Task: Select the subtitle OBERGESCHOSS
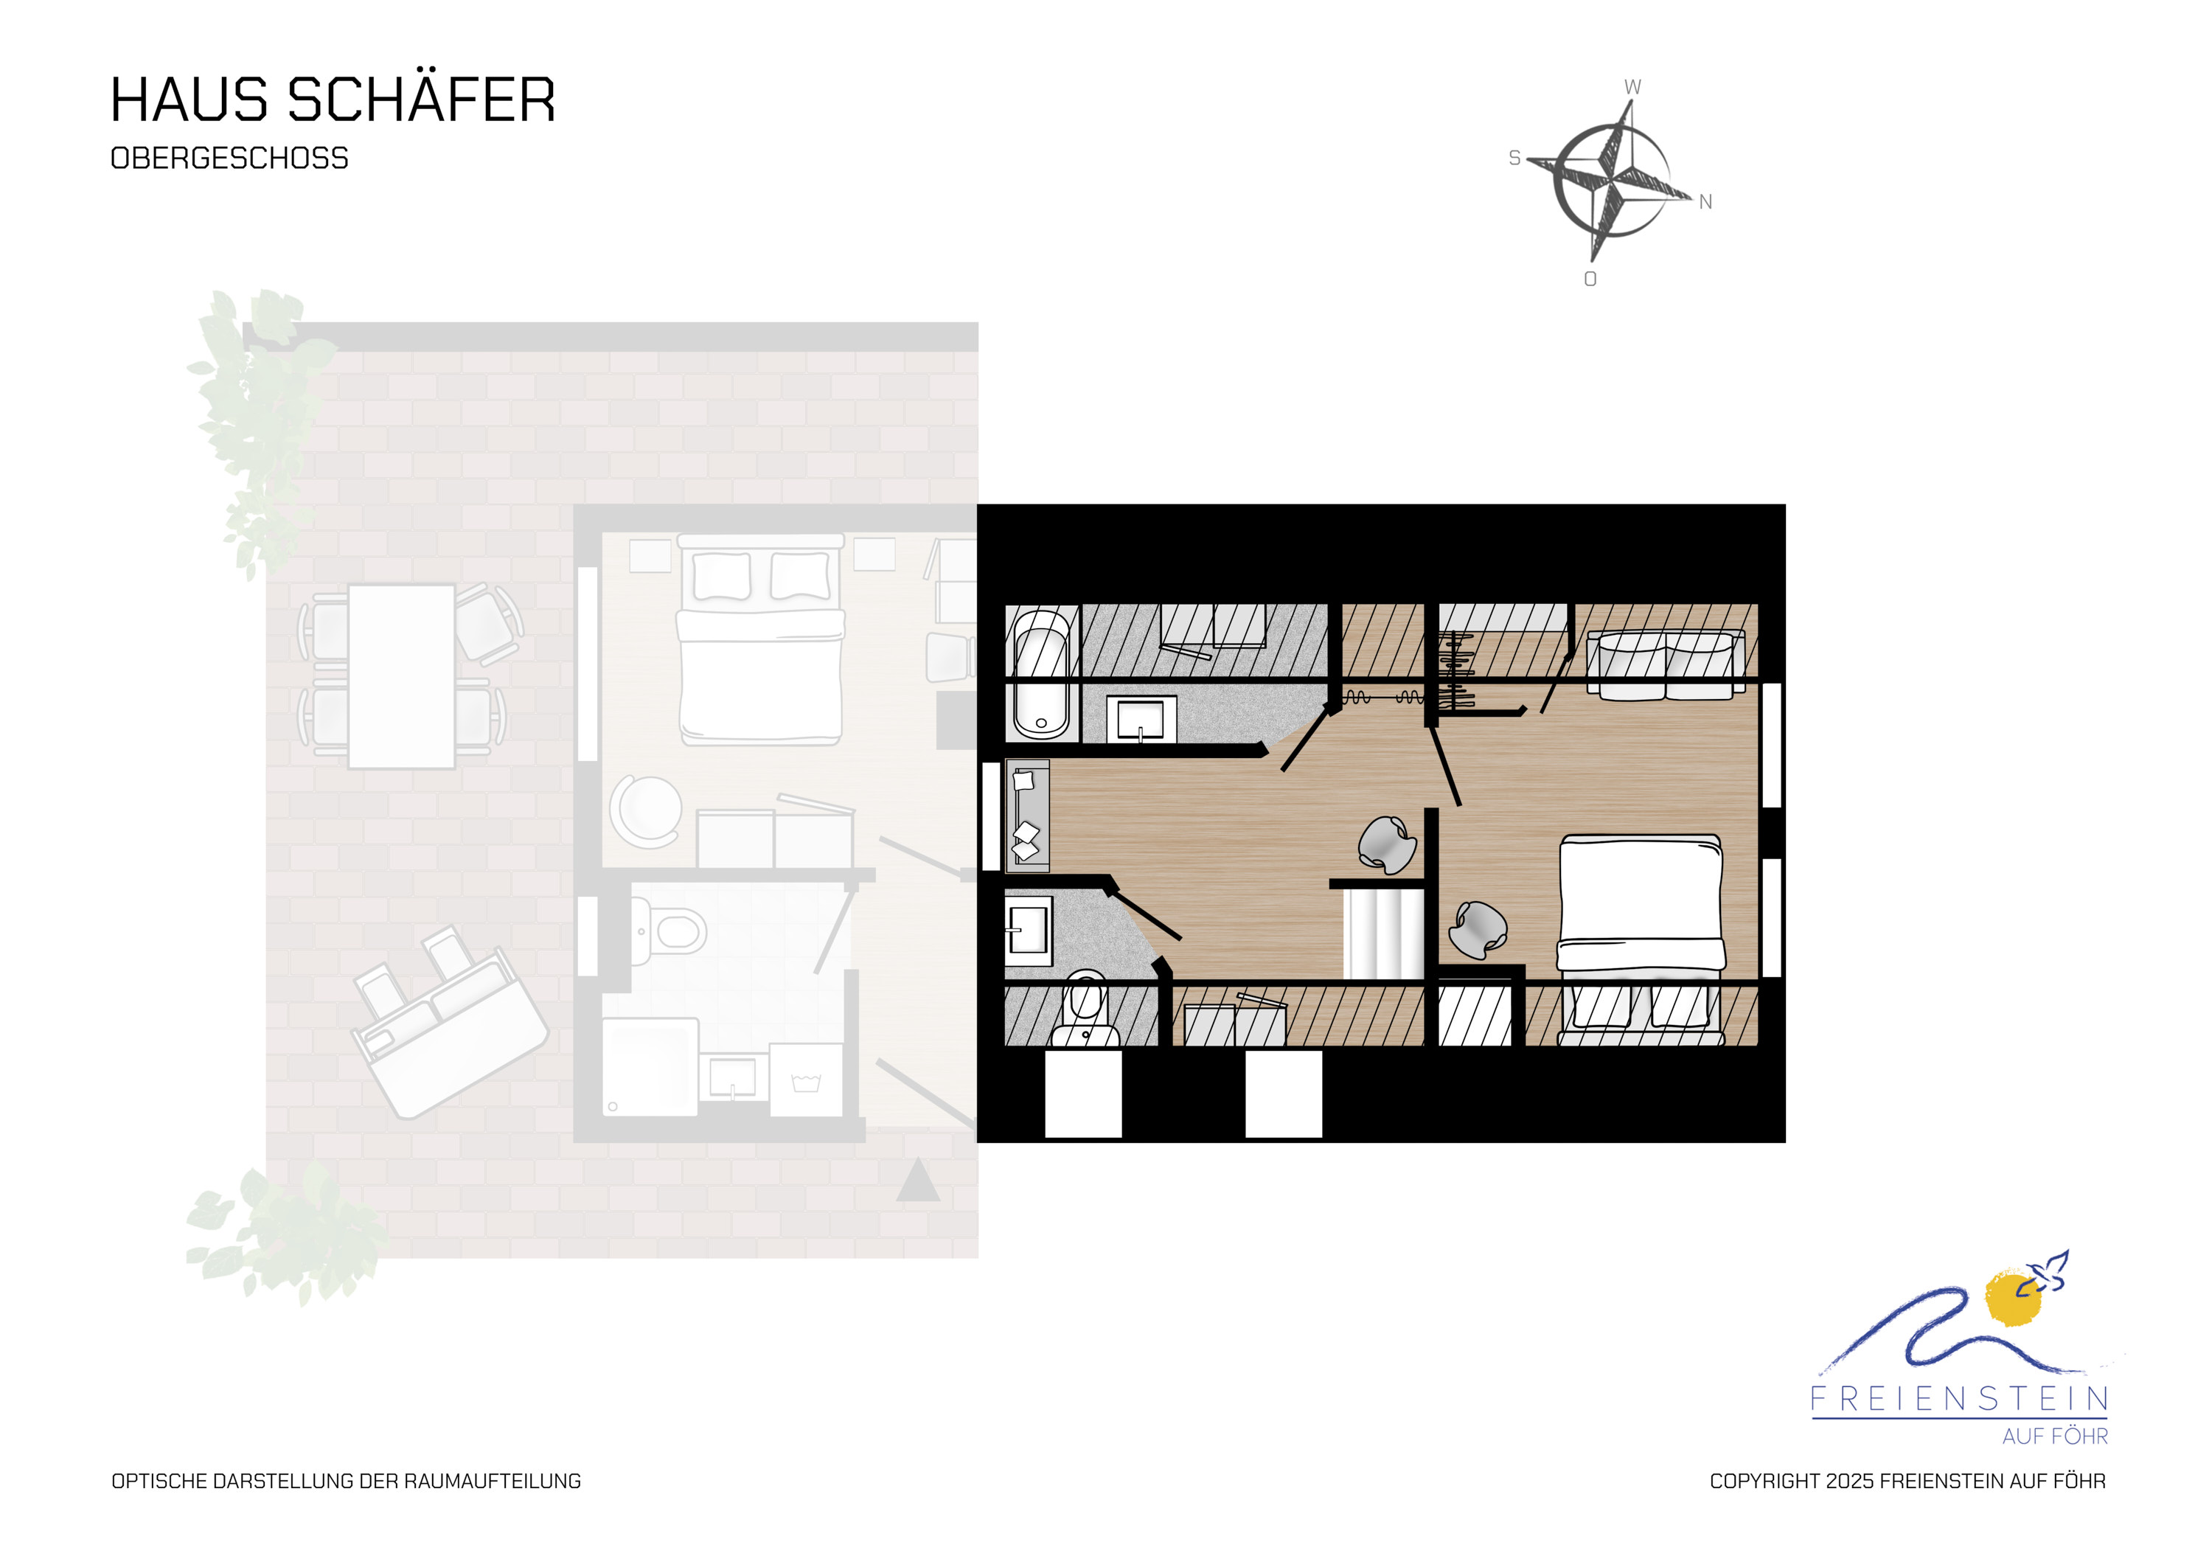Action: coord(229,158)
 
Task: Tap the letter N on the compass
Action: coord(1705,201)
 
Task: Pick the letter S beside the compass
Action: coord(1514,158)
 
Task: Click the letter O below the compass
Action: coord(1590,279)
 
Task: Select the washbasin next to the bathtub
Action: coord(1140,719)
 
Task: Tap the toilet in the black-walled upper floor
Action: coord(1086,1010)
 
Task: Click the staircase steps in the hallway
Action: coord(1383,933)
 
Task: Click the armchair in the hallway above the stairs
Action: coord(1388,843)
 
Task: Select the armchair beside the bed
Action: coord(1478,930)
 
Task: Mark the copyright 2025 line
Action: coord(1907,1481)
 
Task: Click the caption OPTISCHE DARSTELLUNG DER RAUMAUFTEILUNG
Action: coord(346,1481)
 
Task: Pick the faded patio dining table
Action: coord(401,675)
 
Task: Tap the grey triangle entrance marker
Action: coord(918,1180)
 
